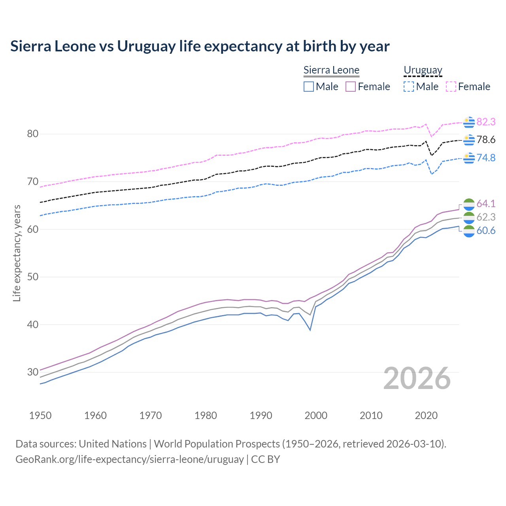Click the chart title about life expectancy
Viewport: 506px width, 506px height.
click(200, 46)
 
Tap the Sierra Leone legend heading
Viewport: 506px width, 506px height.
click(331, 70)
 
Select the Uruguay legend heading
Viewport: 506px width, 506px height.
click(423, 70)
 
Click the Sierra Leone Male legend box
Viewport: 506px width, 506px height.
click(309, 87)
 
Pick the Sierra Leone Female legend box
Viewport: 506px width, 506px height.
click(351, 87)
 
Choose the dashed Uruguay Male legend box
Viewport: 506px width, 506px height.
click(409, 87)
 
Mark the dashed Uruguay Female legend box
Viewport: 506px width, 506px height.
click(451, 87)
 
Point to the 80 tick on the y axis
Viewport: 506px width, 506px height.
click(32, 134)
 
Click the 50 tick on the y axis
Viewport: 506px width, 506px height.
click(32, 277)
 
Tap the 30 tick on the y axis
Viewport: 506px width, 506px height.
click(32, 372)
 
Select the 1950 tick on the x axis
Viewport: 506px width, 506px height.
click(40, 415)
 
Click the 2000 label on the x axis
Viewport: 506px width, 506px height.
click(316, 415)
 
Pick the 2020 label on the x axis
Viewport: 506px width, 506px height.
click(426, 415)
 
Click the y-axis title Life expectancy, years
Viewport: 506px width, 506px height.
click(17, 253)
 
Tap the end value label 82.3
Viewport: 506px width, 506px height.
click(486, 122)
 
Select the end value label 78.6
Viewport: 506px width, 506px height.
click(486, 140)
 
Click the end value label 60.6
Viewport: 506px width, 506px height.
click(486, 230)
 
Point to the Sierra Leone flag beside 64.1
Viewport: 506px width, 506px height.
click(469, 204)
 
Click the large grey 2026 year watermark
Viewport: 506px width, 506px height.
click(417, 378)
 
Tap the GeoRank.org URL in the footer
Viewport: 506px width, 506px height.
click(129, 459)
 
